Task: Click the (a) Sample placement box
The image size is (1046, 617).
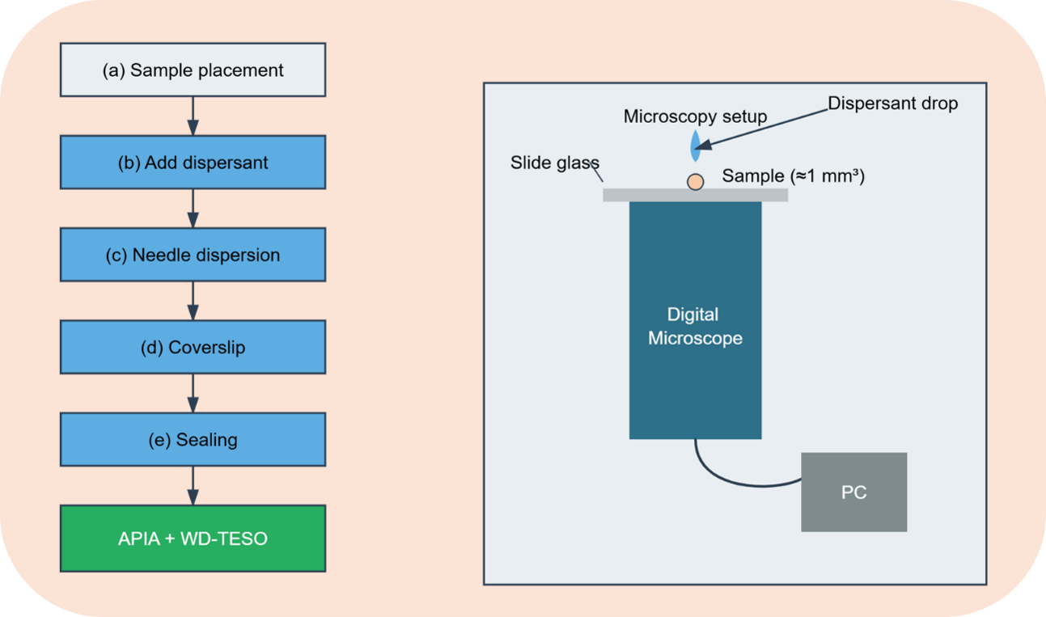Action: click(x=193, y=70)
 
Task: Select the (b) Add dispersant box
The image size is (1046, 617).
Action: click(x=193, y=163)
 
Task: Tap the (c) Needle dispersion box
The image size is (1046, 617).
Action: click(x=193, y=255)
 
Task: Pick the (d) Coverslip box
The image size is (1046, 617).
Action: click(x=193, y=347)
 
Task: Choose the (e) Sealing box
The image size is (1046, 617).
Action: click(x=193, y=440)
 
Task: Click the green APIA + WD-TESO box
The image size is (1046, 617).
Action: click(x=193, y=539)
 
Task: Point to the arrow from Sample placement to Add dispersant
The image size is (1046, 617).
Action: click(x=193, y=116)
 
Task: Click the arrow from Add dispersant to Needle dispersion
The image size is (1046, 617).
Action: click(x=193, y=209)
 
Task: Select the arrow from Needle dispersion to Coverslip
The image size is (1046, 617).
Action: click(x=193, y=301)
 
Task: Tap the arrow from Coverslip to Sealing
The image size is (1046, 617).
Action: click(x=193, y=394)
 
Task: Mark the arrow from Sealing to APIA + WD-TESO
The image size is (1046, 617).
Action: click(x=193, y=486)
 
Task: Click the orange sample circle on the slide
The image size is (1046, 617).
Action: click(x=695, y=182)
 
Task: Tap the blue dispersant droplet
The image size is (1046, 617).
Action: click(x=695, y=146)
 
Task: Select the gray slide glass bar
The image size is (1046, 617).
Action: click(x=695, y=195)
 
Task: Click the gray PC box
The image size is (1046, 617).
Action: click(x=854, y=492)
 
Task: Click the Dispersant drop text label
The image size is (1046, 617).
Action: click(x=893, y=104)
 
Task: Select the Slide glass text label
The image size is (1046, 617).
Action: click(x=555, y=163)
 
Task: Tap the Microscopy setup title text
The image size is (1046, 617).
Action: click(x=695, y=116)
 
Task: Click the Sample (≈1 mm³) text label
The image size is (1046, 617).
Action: click(x=794, y=176)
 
